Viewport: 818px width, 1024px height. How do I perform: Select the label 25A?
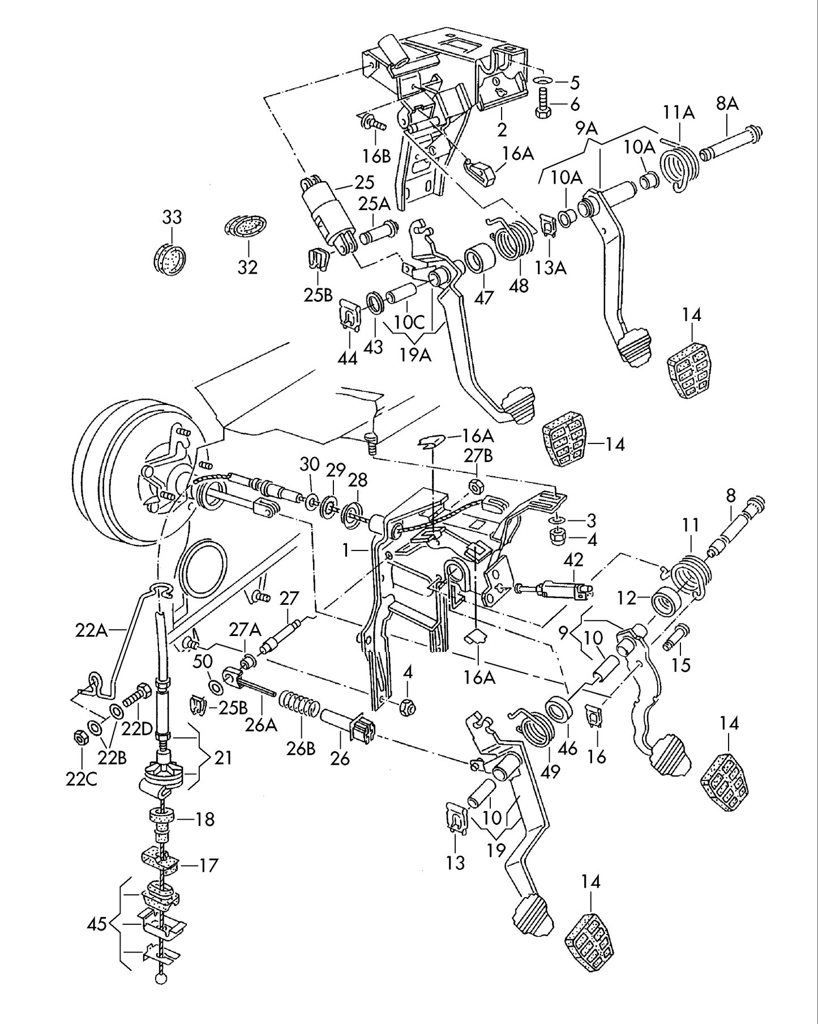tap(374, 203)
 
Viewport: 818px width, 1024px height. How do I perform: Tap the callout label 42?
tap(573, 560)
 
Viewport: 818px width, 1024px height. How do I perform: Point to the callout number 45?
tap(97, 925)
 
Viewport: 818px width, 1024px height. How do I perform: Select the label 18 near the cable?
tap(204, 819)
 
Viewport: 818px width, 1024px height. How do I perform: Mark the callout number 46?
tap(567, 749)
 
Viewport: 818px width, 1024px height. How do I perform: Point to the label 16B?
tap(376, 156)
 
